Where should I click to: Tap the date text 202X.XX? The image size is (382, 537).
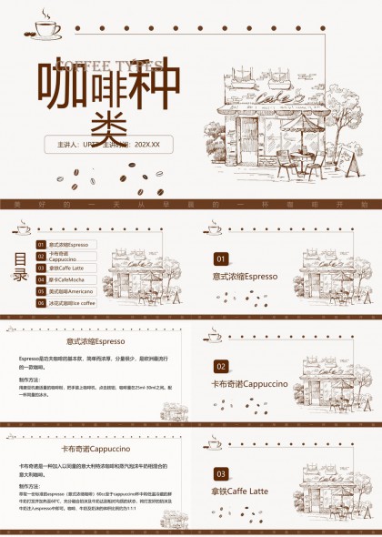[146, 145]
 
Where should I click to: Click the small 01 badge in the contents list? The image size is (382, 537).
[40, 245]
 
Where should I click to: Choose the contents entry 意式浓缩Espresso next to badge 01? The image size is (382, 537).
[67, 245]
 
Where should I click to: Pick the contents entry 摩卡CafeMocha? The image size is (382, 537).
[67, 279]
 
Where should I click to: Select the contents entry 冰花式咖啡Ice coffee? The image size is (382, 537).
[72, 303]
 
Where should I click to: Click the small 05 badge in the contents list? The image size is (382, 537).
[40, 291]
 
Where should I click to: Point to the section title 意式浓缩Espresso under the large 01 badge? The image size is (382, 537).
[245, 276]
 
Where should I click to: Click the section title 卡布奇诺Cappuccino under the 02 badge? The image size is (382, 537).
[249, 383]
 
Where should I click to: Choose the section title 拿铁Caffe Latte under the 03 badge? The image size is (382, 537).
[240, 491]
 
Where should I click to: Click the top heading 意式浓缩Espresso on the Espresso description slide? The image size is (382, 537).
[95, 341]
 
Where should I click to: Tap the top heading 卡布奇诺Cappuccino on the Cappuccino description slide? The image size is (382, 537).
[95, 449]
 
